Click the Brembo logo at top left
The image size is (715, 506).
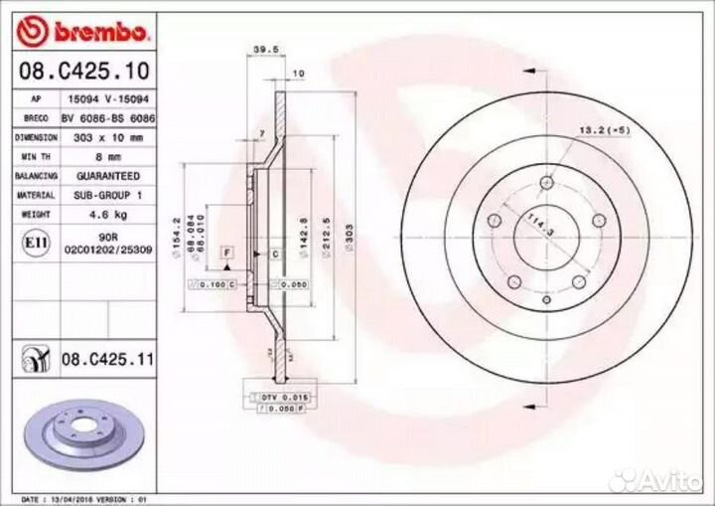tap(84, 31)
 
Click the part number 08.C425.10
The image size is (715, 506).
tap(84, 72)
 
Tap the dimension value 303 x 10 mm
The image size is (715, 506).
tap(110, 137)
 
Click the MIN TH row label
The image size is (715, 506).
tap(35, 156)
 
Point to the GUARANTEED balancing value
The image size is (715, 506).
tap(110, 176)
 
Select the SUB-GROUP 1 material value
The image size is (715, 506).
tap(110, 195)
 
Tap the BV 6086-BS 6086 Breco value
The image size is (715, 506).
tap(110, 117)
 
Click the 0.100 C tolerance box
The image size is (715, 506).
tap(213, 284)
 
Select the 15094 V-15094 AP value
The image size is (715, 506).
tap(110, 98)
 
